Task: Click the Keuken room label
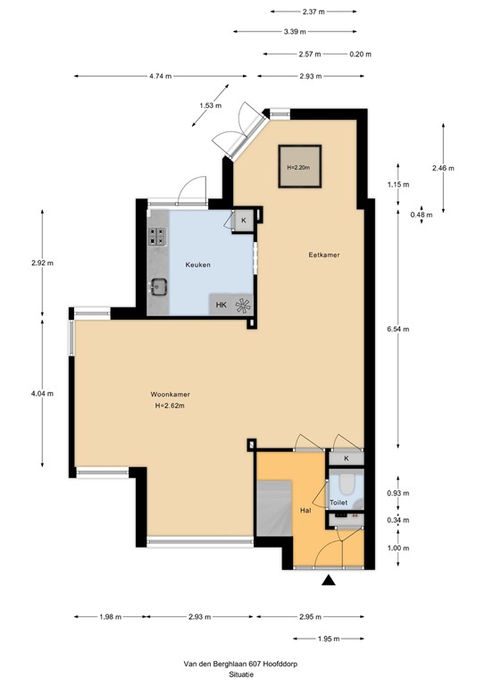(x=197, y=265)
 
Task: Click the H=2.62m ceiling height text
(x=169, y=406)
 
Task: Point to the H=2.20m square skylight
(x=299, y=166)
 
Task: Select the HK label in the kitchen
(x=221, y=305)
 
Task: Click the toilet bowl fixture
(x=346, y=486)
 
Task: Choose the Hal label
(x=305, y=510)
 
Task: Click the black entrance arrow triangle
(x=329, y=581)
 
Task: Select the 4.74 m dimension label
(x=162, y=77)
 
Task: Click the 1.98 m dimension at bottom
(x=110, y=616)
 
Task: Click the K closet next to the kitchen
(x=244, y=220)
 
